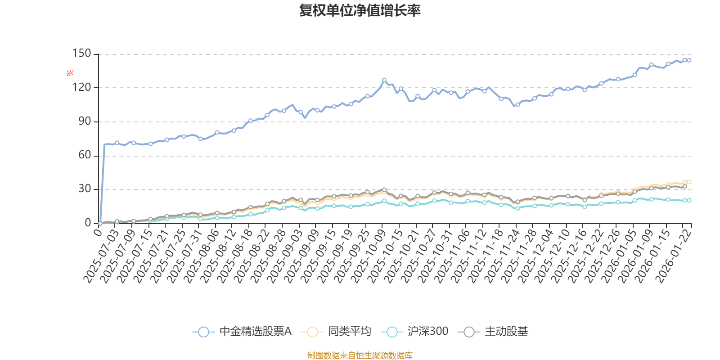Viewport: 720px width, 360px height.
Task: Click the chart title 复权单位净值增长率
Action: (360, 10)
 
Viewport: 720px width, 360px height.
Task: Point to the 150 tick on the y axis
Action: (81, 54)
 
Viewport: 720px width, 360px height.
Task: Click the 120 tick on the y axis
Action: (81, 87)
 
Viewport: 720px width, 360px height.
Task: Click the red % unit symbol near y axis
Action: (70, 73)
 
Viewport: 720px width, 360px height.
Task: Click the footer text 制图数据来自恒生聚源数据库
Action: (360, 355)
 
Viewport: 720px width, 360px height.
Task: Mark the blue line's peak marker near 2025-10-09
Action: (384, 80)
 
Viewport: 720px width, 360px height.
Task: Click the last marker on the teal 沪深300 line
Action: (689, 200)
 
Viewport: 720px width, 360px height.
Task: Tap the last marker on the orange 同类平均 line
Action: (689, 182)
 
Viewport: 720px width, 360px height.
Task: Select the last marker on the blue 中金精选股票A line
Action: (689, 60)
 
